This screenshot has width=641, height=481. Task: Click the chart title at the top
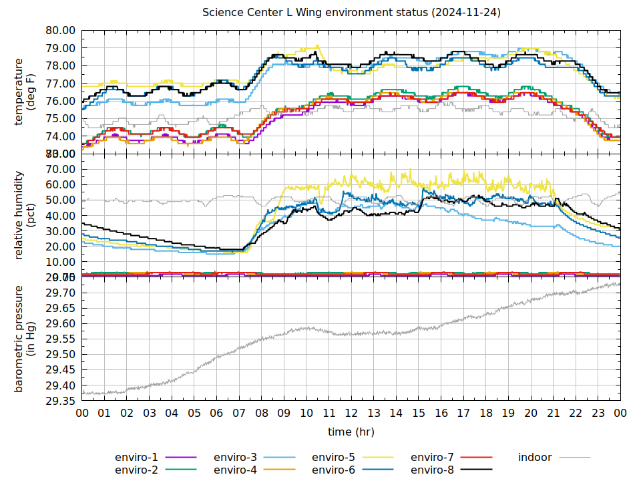coord(352,13)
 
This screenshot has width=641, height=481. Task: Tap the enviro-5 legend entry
coord(333,458)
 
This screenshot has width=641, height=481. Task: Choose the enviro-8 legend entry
coord(432,470)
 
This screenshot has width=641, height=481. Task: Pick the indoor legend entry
coord(535,458)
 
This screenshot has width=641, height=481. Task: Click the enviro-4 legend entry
coord(235,470)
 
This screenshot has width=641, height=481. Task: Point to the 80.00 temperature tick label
coord(61,31)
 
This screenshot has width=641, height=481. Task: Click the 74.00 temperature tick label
coord(61,137)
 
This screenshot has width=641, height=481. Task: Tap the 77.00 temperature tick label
coord(61,84)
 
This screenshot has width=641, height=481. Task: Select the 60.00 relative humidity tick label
coord(61,185)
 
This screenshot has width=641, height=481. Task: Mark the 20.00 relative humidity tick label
coord(61,247)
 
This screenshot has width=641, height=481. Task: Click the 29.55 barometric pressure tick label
coord(61,339)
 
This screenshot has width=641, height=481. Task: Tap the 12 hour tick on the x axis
coord(351,414)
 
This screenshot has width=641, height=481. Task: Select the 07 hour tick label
coord(239,414)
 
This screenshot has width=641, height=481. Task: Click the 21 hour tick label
coord(553,414)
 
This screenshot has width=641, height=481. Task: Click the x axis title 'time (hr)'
coord(351,432)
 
